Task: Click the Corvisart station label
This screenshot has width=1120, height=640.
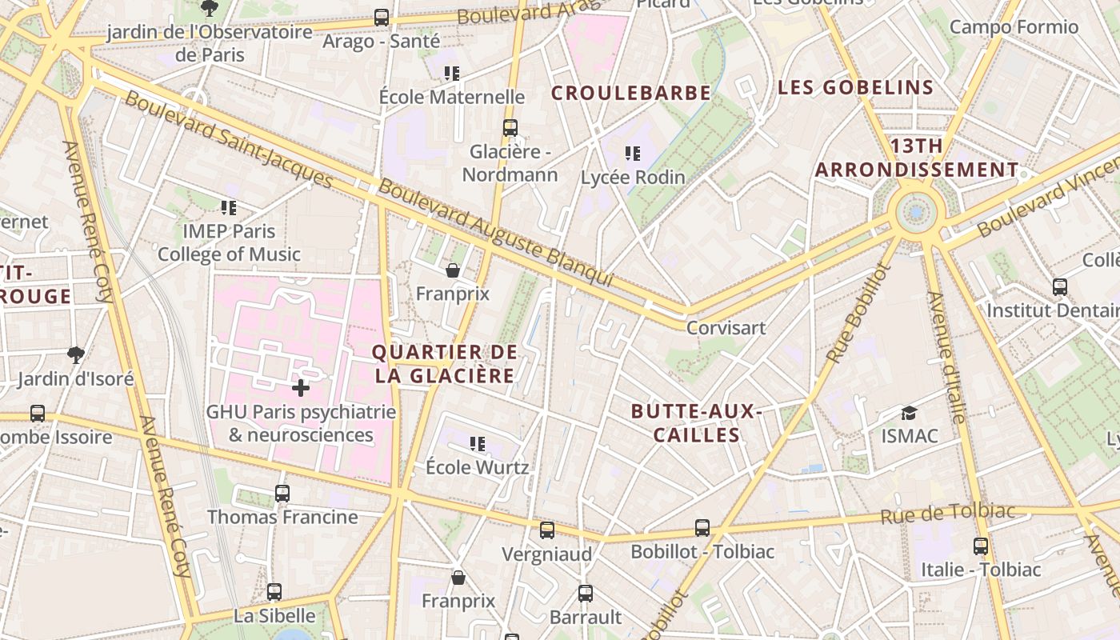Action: (x=726, y=328)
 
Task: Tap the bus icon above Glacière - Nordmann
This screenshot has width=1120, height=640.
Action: (x=510, y=127)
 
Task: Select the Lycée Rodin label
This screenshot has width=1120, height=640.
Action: (x=633, y=178)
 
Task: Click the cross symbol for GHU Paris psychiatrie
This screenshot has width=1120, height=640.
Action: (x=301, y=388)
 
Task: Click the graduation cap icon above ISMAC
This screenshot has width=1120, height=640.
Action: (x=909, y=413)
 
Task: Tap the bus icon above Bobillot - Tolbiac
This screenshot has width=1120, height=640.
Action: (x=702, y=528)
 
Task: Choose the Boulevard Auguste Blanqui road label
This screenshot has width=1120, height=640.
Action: (x=496, y=233)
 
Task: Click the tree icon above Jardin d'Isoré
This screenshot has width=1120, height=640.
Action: (x=76, y=354)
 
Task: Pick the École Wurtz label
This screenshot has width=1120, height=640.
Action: (x=477, y=466)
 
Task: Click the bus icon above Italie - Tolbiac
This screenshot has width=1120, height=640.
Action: (x=981, y=546)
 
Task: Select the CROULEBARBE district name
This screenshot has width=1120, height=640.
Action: (x=630, y=93)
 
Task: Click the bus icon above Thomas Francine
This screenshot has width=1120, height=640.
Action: (x=282, y=494)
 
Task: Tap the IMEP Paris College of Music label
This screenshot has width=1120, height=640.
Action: (x=229, y=243)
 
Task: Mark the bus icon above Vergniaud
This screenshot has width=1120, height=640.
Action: (x=547, y=530)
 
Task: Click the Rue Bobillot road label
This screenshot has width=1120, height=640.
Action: (x=858, y=313)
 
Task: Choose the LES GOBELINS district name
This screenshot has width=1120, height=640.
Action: (x=855, y=87)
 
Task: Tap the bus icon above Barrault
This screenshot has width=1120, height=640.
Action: (x=586, y=594)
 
